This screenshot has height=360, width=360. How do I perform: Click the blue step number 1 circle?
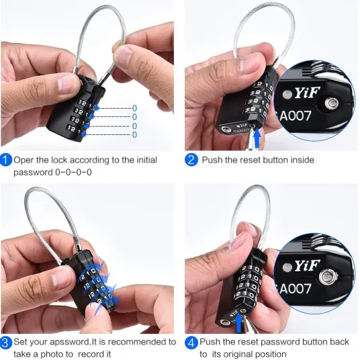pos(6,160)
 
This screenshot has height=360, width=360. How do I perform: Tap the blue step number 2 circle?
pos(191,160)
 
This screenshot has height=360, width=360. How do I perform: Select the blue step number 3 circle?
pos(5,343)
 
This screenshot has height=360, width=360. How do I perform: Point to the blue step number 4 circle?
pos(191,343)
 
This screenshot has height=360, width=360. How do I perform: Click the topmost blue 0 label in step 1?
pos(134,108)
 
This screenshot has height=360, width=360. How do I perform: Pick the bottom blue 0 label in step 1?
pos(134,134)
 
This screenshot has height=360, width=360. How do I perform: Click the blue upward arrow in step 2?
pos(257,136)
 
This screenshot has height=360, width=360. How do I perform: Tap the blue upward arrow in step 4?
pos(239,323)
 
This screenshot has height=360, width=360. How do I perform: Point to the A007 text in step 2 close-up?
pos(296,116)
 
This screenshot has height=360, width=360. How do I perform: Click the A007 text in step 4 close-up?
pos(296,289)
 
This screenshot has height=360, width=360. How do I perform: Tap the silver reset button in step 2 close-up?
pos(332,103)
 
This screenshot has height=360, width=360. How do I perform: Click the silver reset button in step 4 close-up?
pos(328,277)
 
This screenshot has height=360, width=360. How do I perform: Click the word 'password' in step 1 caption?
pos(33,172)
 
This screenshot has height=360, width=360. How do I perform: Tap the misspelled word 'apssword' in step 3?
pos(71,343)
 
